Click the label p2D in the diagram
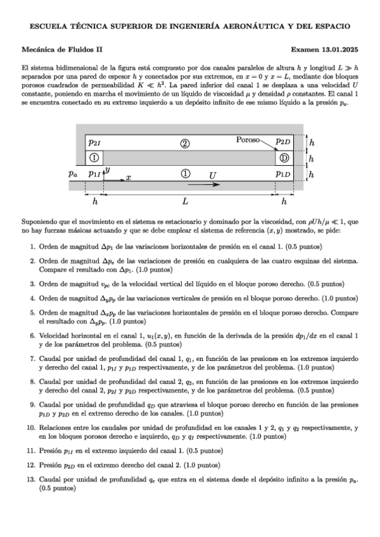[283, 142]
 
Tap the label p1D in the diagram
[283, 173]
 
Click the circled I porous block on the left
[93, 157]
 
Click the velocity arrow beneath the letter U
[204, 184]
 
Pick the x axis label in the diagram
[128, 178]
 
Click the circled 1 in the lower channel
[185, 173]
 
